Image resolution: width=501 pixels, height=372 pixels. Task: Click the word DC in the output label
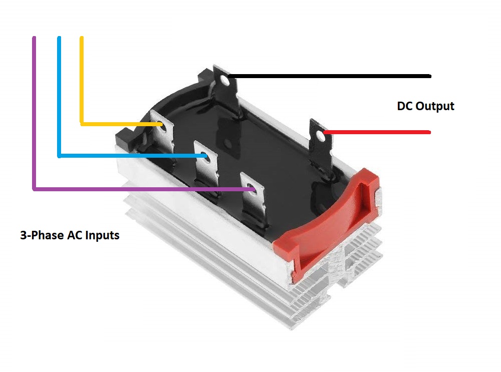point(404,106)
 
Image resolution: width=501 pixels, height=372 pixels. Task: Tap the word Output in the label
point(435,107)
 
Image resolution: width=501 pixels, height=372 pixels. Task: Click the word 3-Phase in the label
point(42,235)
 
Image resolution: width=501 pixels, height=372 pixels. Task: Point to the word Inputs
point(102,235)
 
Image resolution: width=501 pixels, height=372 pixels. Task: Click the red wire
point(377,132)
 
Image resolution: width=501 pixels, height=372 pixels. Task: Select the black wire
point(329,76)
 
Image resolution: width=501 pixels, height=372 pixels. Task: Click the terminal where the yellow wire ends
point(162,134)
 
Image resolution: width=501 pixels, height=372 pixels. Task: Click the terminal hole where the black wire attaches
point(225,80)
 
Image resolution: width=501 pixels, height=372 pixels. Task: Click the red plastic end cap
point(329,224)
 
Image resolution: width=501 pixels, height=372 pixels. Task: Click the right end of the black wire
point(430,76)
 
